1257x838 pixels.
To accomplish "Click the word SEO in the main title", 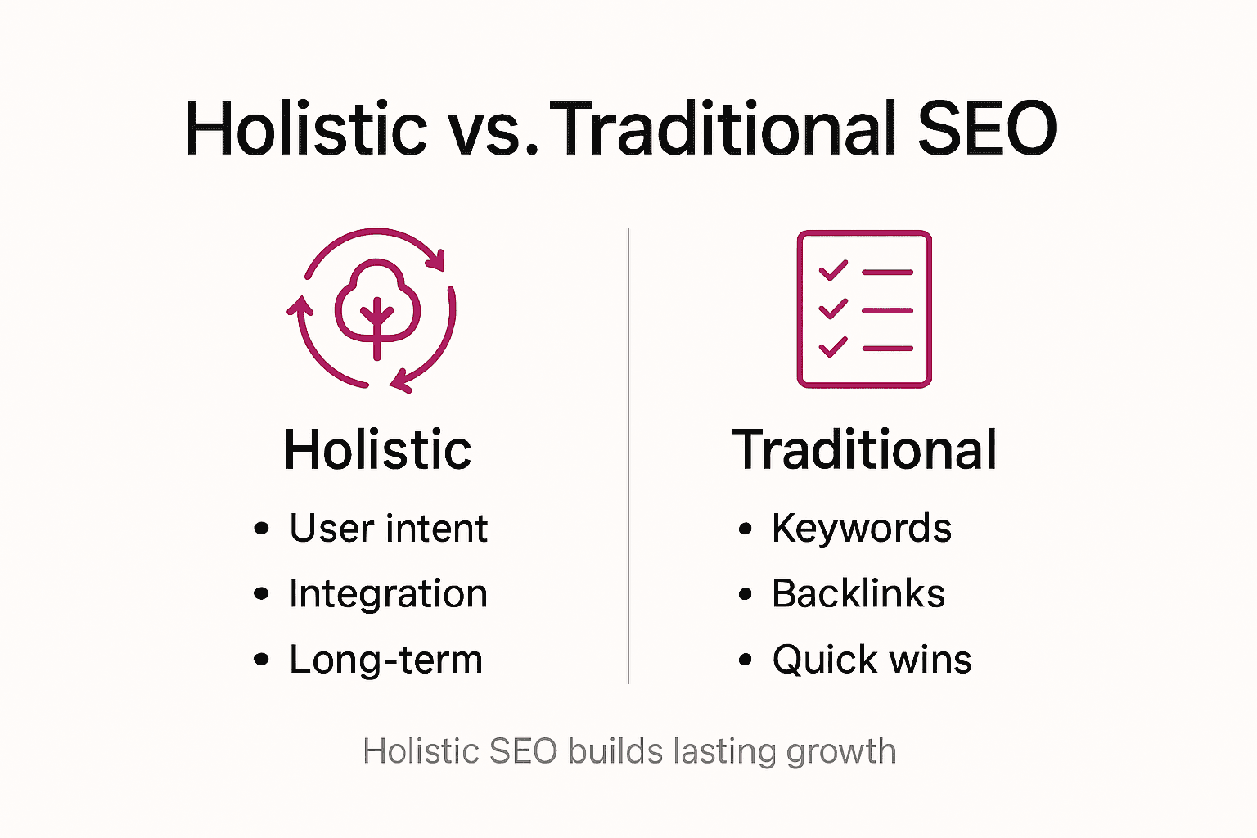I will tap(987, 129).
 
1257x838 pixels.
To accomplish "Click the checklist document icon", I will tap(864, 309).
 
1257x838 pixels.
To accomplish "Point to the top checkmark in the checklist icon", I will tap(833, 270).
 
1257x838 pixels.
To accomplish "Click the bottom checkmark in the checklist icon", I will tap(833, 347).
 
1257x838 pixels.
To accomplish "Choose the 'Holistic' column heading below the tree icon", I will tap(377, 450).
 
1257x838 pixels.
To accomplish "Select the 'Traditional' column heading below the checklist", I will tap(865, 450).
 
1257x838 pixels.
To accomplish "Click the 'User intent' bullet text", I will tap(388, 529).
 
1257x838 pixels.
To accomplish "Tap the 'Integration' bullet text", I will tap(388, 594).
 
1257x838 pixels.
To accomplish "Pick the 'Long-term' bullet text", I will tap(385, 660).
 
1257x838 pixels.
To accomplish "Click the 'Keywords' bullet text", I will tap(862, 529).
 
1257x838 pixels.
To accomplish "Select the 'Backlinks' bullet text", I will tap(858, 594).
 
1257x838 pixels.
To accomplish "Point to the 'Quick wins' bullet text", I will tap(872, 660).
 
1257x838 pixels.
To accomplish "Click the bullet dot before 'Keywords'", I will tap(745, 529).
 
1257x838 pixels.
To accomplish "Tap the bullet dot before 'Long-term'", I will tap(261, 660).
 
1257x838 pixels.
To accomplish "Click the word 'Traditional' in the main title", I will tap(728, 129).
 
